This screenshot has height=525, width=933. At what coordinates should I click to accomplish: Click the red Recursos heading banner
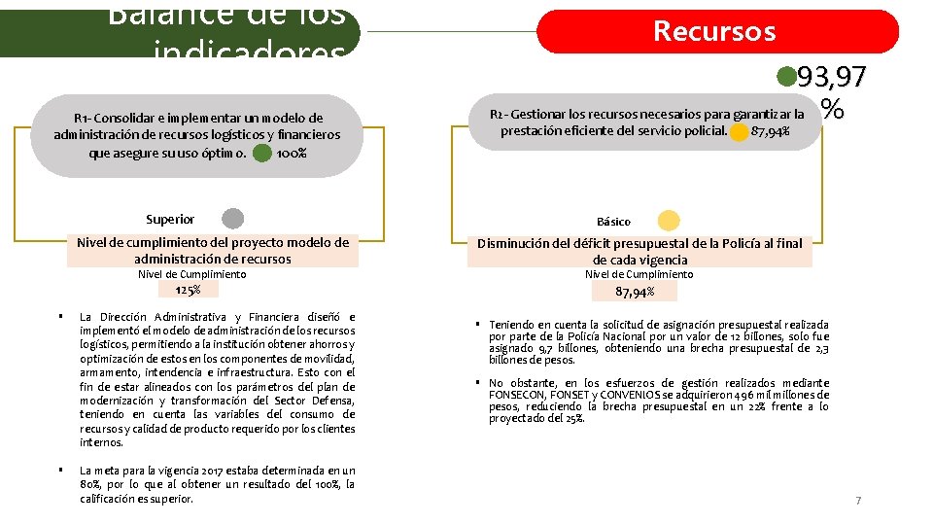[x=717, y=31]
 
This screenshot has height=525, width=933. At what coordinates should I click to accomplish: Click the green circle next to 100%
[x=261, y=153]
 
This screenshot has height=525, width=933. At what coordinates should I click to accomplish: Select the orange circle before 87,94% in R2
[x=739, y=131]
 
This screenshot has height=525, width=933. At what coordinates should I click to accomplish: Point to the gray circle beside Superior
[x=233, y=219]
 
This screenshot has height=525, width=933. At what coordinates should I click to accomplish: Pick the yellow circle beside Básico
[x=670, y=221]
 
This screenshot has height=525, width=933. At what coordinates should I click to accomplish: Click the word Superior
[x=170, y=220]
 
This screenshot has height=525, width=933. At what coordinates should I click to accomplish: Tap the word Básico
[x=614, y=222]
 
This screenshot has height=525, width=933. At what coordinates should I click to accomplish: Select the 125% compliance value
[x=188, y=290]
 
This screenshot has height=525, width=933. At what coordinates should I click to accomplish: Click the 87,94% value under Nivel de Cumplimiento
[x=635, y=291]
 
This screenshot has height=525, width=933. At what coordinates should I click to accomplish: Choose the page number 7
[x=858, y=501]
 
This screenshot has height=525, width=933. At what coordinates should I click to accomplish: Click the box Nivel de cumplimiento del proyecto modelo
[x=213, y=251]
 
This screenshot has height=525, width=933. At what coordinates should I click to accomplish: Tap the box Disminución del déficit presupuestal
[x=639, y=252]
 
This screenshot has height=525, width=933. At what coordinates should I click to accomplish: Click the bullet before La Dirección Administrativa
[x=60, y=317]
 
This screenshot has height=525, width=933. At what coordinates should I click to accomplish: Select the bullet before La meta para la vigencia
[x=60, y=471]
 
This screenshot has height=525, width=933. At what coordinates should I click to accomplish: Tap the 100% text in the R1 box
[x=292, y=154]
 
